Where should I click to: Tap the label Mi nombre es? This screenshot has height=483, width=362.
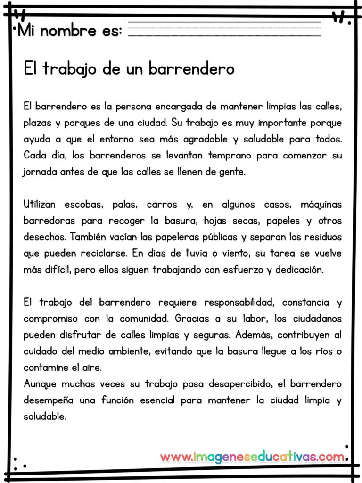70,31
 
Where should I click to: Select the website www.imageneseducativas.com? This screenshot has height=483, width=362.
252,457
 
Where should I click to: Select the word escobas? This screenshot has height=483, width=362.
86,205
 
